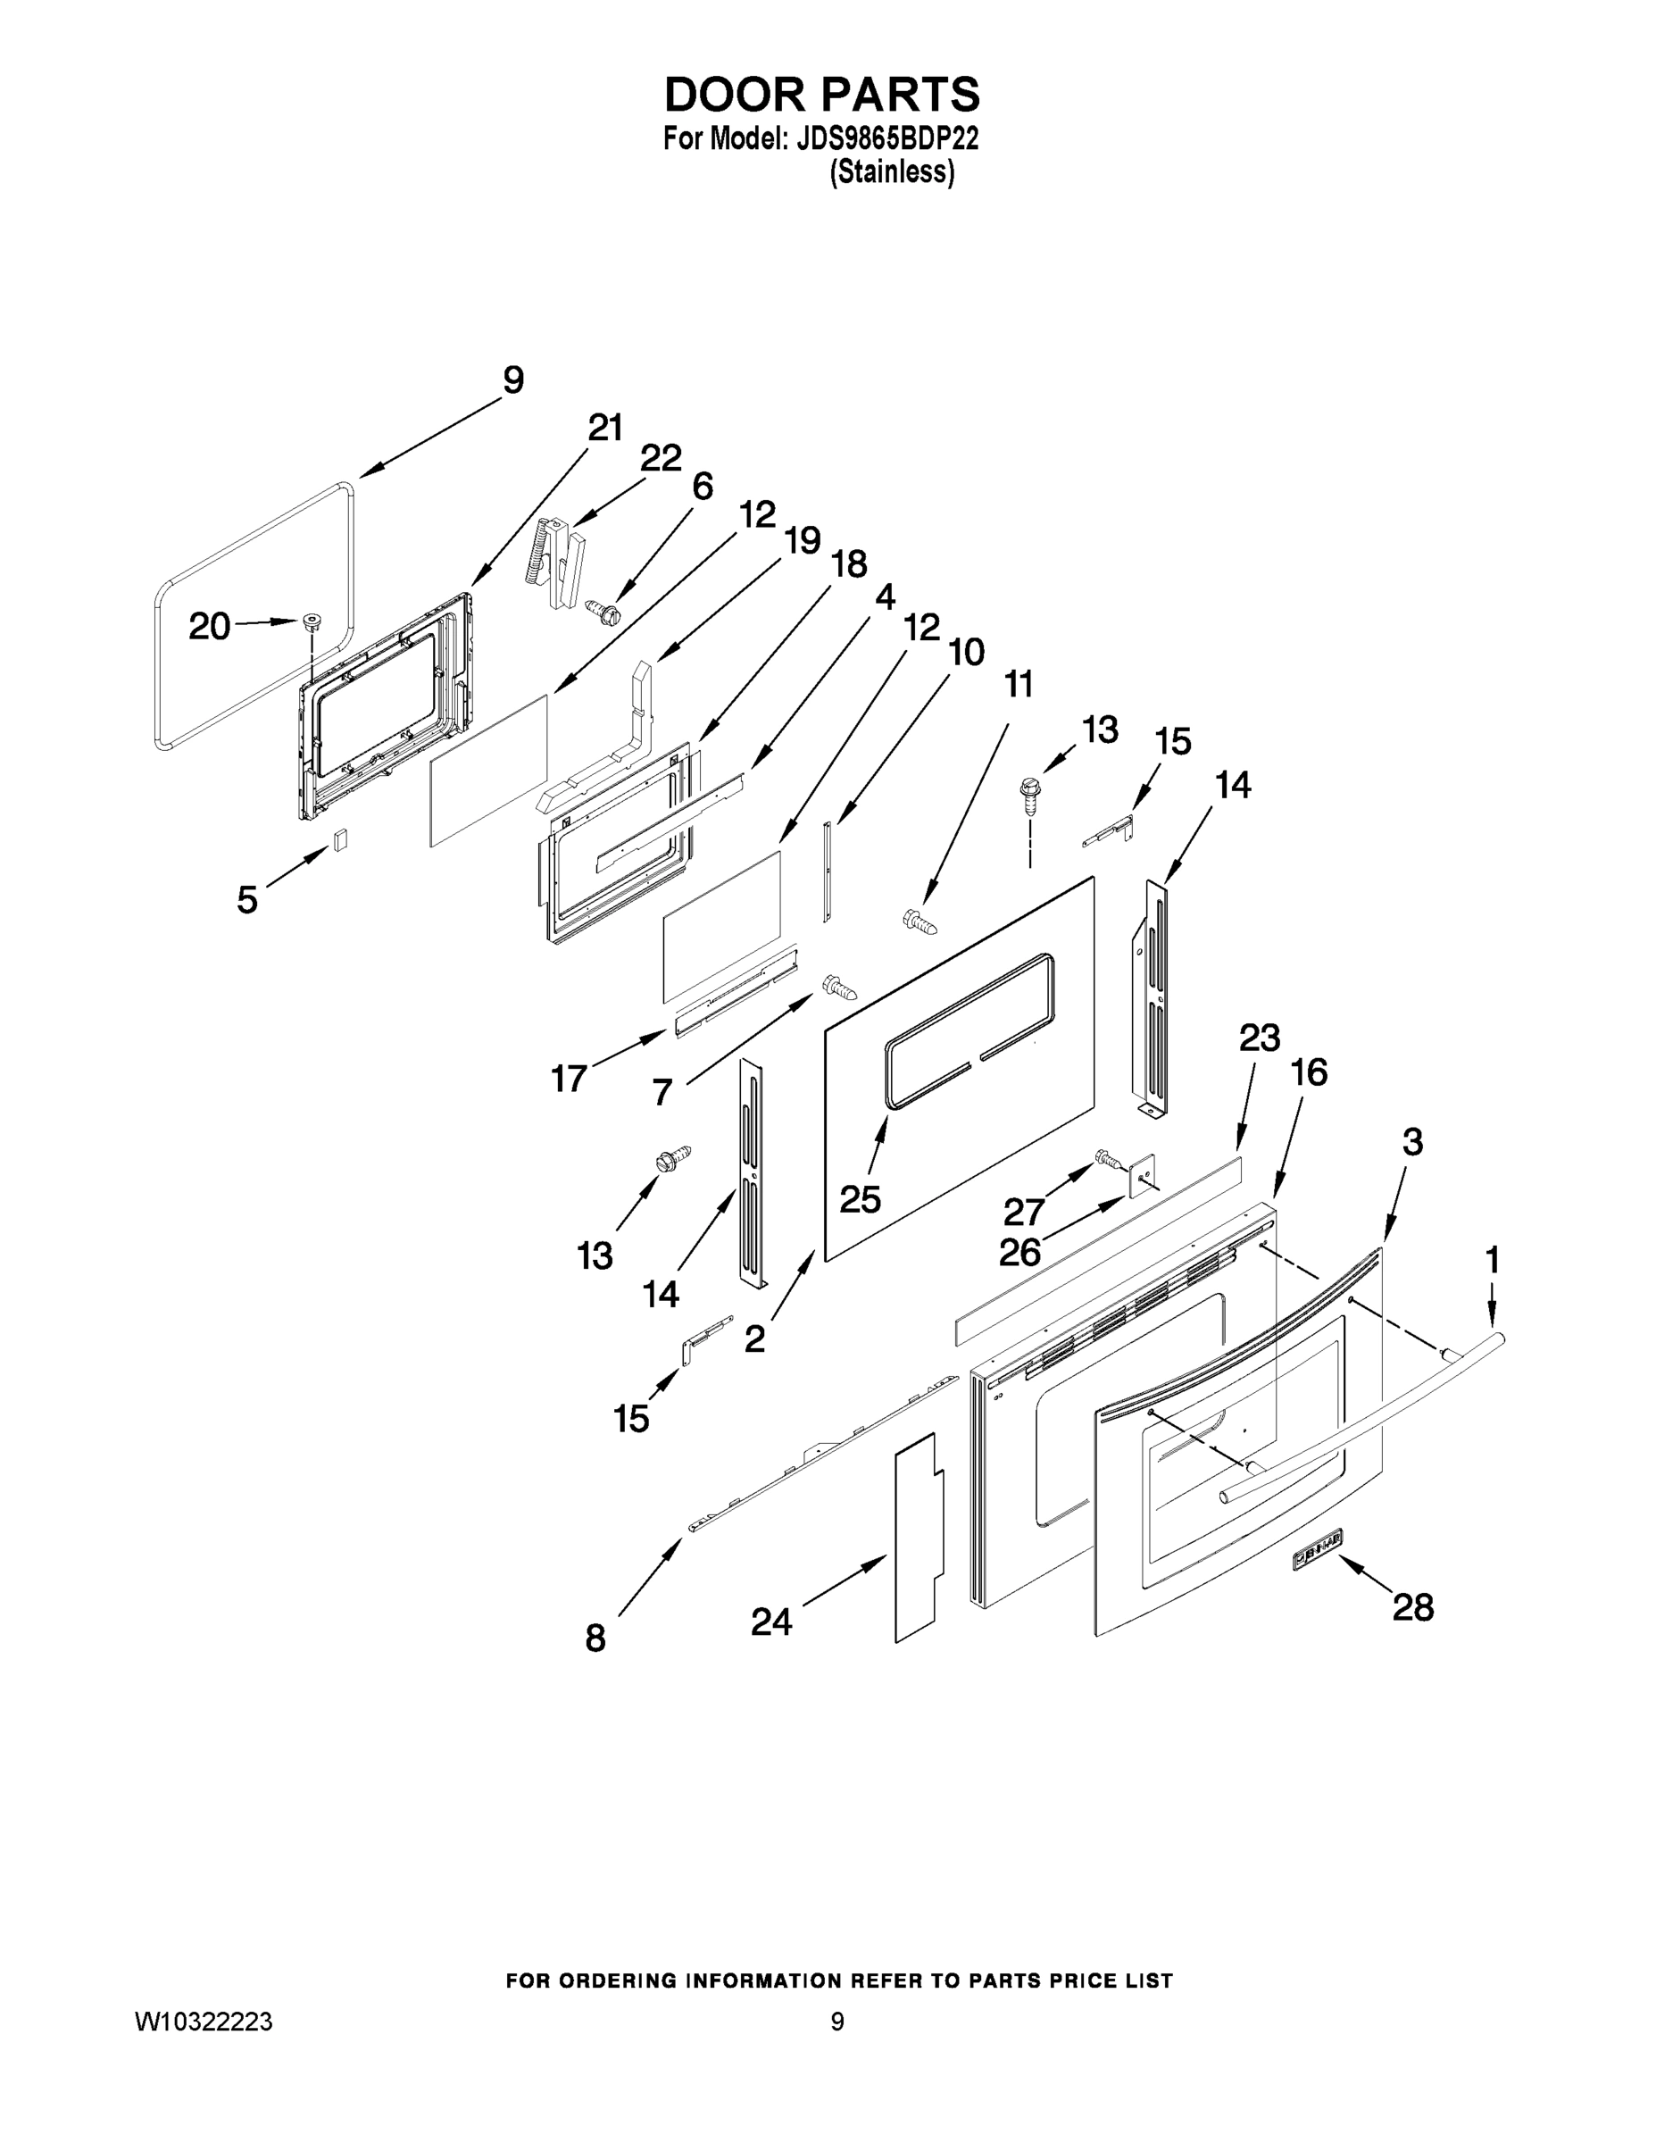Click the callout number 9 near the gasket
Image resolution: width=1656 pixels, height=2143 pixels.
click(512, 380)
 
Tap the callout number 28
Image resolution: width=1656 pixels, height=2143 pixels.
click(1412, 1607)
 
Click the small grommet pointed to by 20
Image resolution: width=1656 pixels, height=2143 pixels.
click(312, 621)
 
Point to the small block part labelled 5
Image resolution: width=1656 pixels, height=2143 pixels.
click(339, 840)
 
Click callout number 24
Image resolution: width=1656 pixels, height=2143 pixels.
click(771, 1622)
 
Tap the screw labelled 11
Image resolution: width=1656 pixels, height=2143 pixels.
click(919, 921)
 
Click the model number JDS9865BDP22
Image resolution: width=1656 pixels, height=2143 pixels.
click(888, 138)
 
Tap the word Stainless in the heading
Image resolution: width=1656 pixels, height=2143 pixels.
click(892, 172)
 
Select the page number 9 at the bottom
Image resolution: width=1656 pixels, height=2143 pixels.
click(836, 2022)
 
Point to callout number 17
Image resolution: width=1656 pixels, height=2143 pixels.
click(568, 1079)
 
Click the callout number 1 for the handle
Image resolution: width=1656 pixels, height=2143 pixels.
click(1492, 1259)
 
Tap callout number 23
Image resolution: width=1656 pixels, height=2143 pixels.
click(1260, 1038)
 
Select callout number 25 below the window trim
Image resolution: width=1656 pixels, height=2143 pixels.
click(860, 1199)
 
